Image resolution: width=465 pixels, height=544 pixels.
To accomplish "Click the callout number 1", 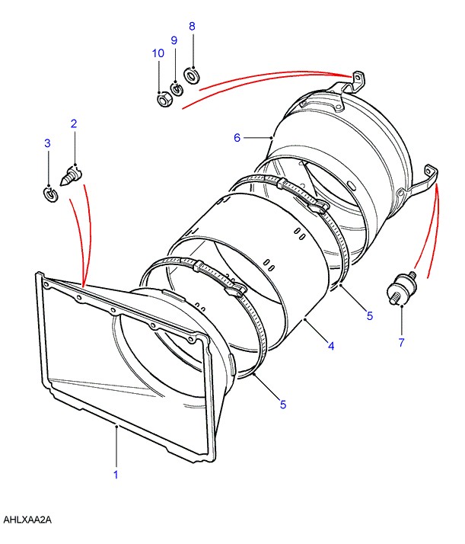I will click(x=116, y=474).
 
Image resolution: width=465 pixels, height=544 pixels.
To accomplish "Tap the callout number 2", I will click(x=74, y=123).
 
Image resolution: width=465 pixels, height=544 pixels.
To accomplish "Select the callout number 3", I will click(x=47, y=143).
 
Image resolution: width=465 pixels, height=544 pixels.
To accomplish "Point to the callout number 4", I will click(x=331, y=346).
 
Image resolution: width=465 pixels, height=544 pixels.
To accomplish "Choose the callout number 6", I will click(x=237, y=138).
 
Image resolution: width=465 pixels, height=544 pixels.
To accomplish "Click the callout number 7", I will click(x=401, y=342).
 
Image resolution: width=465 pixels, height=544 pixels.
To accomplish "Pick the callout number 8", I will click(x=192, y=26).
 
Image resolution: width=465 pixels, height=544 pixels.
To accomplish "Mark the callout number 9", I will click(x=174, y=40).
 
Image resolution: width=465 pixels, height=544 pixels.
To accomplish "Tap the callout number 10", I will click(x=158, y=53).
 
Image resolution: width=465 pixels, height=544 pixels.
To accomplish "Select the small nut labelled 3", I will click(x=49, y=196).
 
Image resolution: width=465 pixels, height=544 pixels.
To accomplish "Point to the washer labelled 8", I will click(x=193, y=75).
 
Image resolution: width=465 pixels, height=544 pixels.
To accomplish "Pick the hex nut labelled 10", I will click(x=162, y=99).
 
